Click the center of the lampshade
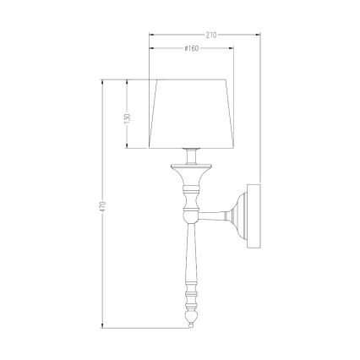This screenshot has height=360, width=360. (192, 115)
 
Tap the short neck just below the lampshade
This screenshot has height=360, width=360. (192, 157)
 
